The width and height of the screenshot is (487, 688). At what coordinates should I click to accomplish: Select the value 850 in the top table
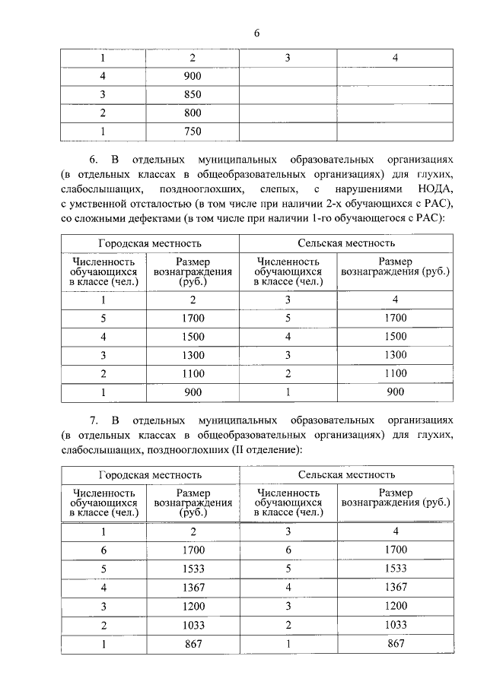click(193, 95)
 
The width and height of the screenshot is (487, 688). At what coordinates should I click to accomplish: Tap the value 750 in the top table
click(193, 132)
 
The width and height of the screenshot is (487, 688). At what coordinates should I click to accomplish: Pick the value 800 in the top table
click(193, 113)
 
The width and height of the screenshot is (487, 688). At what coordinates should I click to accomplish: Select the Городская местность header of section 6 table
click(150, 244)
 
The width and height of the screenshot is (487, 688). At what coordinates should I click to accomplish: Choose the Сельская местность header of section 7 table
click(346, 474)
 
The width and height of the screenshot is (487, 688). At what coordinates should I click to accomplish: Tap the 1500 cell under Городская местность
click(193, 337)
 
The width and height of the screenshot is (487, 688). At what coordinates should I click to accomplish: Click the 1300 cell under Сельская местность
click(395, 355)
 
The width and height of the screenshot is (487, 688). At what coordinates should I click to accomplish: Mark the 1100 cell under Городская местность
click(193, 374)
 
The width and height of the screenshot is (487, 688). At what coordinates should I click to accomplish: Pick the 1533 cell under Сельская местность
click(395, 568)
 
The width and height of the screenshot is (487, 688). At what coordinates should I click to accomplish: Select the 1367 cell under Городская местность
click(193, 587)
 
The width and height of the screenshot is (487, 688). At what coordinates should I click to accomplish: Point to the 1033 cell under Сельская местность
click(395, 624)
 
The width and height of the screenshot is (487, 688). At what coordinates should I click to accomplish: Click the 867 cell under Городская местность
click(193, 643)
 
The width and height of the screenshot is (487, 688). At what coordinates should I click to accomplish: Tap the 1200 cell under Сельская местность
click(395, 606)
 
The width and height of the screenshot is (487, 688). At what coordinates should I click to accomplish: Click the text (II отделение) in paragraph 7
click(263, 450)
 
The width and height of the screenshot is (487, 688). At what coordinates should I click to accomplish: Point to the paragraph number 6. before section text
click(94, 160)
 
